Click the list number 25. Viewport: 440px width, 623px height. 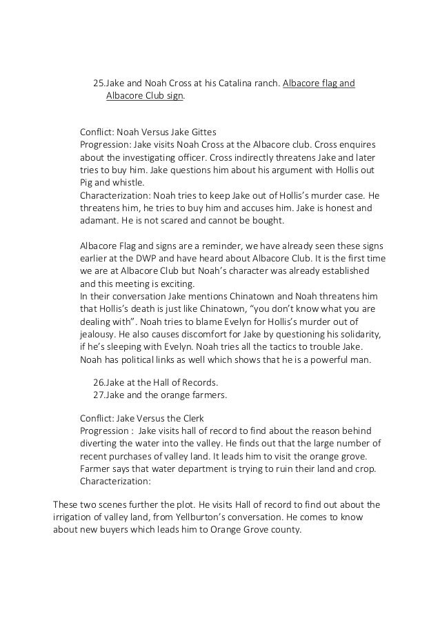pos(98,84)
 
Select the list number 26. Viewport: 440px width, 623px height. pos(98,383)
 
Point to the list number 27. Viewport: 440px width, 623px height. pos(98,395)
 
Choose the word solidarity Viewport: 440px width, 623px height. pos(357,335)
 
